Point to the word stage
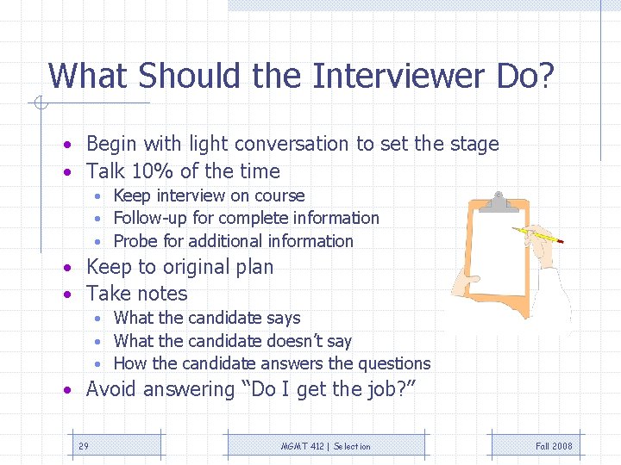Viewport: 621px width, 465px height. pos(474,145)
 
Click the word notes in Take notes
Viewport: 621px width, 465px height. pos(161,294)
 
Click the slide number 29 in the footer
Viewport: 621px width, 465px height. pos(84,446)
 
